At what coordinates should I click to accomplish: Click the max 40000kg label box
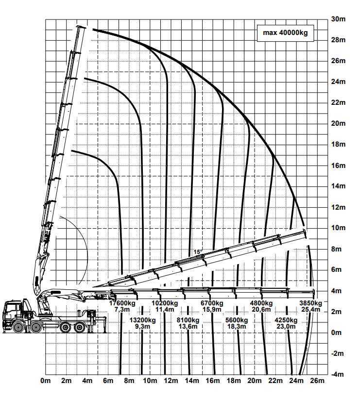coord(285,33)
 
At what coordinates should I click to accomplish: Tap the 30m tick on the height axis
coord(338,19)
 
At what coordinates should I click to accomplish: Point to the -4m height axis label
coord(337,374)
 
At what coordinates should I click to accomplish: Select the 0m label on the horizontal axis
coord(46,381)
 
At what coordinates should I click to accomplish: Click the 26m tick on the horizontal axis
coord(317,381)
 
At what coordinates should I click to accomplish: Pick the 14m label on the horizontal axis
coord(192,381)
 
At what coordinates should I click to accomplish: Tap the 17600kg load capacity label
coord(122,303)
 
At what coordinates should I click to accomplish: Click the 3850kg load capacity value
coord(311,303)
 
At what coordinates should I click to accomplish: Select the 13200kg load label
coord(142,320)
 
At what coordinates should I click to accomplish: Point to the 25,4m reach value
coord(311,309)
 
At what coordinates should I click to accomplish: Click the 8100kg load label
coord(188,320)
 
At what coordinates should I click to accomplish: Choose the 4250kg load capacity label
coord(286,320)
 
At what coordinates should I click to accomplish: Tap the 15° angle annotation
coord(198,252)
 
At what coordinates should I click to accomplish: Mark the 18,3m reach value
coord(237,326)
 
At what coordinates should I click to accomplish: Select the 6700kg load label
coord(212,303)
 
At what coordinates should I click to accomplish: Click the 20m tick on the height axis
coord(338,123)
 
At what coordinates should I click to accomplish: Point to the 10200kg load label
coord(165,303)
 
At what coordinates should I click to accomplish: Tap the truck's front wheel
coord(18,327)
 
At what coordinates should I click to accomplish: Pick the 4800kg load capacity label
coord(261,303)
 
